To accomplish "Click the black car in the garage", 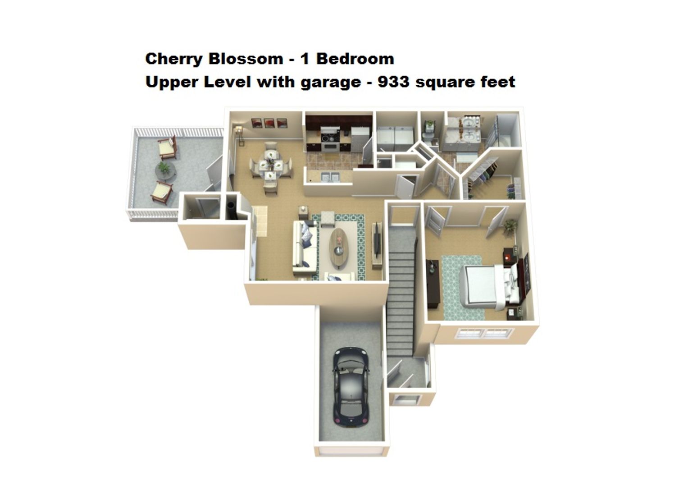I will click(x=351, y=386).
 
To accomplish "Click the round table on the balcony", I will click(x=165, y=170).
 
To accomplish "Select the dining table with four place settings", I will click(x=270, y=165).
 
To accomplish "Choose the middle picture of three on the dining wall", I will click(x=269, y=123).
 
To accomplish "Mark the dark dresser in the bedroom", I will click(x=433, y=284).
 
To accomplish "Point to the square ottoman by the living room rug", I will click(x=328, y=218).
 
